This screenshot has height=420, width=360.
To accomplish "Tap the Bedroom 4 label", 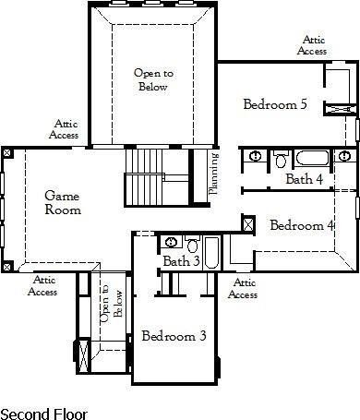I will pyautogui.click(x=301, y=224).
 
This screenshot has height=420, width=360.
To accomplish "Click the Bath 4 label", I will pyautogui.click(x=304, y=179).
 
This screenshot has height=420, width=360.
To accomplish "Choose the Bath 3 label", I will pyautogui.click(x=181, y=262).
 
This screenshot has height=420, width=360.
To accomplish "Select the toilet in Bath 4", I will pyautogui.click(x=282, y=160).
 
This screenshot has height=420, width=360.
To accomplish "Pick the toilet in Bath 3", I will pyautogui.click(x=193, y=245).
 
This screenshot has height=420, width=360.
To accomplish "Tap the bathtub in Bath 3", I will pyautogui.click(x=212, y=253).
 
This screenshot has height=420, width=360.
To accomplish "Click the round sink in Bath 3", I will pyautogui.click(x=172, y=243).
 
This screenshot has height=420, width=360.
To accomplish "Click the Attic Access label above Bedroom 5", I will pyautogui.click(x=311, y=45).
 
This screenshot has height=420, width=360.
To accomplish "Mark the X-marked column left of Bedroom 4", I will pyautogui.click(x=247, y=222).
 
